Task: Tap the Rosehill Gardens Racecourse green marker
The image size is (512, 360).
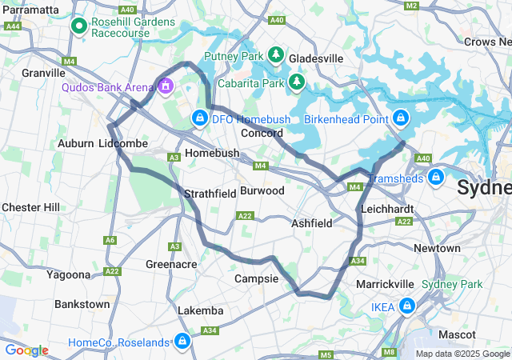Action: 80,27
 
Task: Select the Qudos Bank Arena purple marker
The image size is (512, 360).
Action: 166,85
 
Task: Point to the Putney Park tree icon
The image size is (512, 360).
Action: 276,54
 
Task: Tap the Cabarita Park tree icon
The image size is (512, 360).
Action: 297,82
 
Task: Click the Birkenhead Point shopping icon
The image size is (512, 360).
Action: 402,118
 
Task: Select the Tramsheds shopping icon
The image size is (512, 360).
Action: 436,177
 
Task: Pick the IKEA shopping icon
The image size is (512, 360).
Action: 407,306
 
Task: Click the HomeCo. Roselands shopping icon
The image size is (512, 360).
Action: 182,342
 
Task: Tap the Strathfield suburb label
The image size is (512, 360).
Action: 210,194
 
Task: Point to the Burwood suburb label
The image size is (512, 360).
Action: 262,191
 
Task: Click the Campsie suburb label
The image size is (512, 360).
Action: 256,278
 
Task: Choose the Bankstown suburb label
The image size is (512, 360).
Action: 82,304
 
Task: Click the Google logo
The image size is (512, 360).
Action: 26,350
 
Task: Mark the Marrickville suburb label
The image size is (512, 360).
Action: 385,284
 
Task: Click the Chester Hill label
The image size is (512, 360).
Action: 30,207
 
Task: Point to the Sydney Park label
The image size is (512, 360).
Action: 463,284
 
